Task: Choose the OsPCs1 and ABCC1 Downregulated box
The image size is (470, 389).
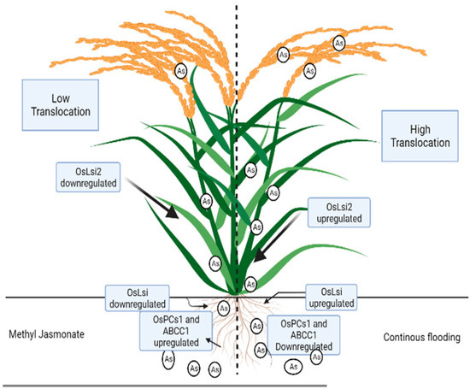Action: (x=303, y=333)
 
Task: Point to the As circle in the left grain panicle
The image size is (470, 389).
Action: (x=180, y=71)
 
